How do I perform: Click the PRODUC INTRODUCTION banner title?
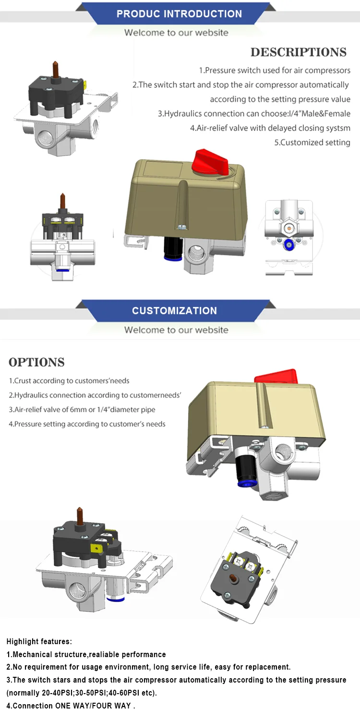pyautogui.click(x=179, y=13)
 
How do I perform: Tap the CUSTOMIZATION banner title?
pyautogui.click(x=174, y=311)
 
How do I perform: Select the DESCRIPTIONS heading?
pyautogui.click(x=298, y=52)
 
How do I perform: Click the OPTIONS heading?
pyautogui.click(x=36, y=362)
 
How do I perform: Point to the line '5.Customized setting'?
pyautogui.click(x=312, y=143)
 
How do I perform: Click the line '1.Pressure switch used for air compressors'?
pyautogui.click(x=275, y=71)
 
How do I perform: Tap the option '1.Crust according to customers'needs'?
pyautogui.click(x=69, y=381)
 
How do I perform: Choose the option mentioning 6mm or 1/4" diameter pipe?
pyautogui.click(x=82, y=409)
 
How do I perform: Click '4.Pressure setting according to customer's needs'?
pyautogui.click(x=87, y=424)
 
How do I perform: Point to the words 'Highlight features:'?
pyautogui.click(x=39, y=641)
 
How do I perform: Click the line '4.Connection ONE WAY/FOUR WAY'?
pyautogui.click(x=71, y=706)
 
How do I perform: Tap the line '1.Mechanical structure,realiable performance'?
pyautogui.click(x=86, y=654)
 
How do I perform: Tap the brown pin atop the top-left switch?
pyautogui.click(x=55, y=68)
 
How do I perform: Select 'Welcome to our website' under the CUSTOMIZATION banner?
pyautogui.click(x=176, y=330)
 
